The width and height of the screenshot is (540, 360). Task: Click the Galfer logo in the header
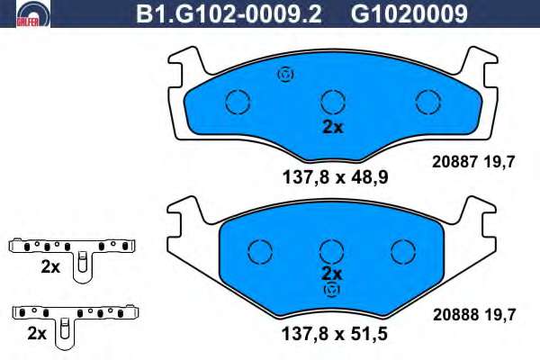[33, 13]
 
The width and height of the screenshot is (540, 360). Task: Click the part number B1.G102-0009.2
[229, 13]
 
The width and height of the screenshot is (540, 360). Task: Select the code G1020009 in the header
[409, 13]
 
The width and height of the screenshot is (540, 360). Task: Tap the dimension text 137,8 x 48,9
[335, 177]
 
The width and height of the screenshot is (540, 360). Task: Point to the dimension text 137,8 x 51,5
[335, 334]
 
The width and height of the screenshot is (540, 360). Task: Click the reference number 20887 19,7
[473, 162]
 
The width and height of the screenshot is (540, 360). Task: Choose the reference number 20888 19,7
[474, 314]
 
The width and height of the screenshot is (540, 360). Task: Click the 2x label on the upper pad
[333, 127]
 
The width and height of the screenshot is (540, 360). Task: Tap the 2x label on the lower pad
[331, 274]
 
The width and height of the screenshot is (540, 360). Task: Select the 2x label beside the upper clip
[50, 267]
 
